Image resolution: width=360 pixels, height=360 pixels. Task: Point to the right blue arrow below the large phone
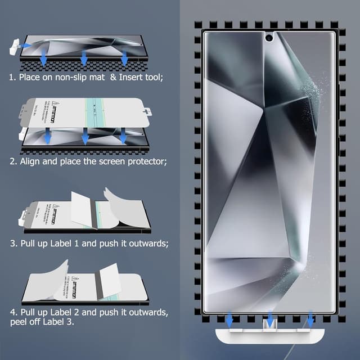tap(310, 321)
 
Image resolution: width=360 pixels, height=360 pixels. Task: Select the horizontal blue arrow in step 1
tap(26, 44)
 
